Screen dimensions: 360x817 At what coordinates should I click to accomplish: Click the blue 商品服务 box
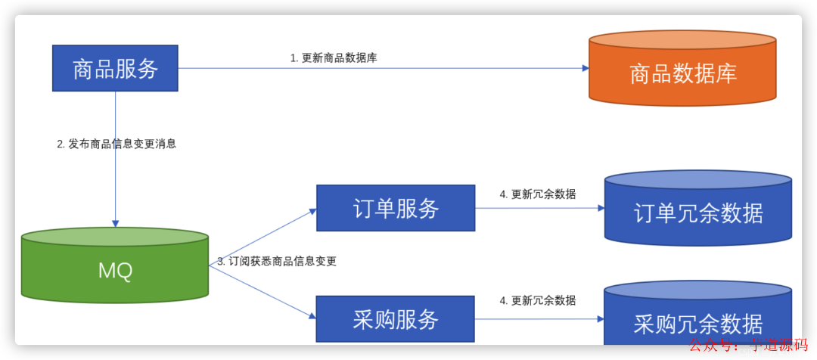pos(115,68)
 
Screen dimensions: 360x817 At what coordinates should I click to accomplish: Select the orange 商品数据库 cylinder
pos(682,73)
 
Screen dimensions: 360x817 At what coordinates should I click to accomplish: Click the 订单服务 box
pos(396,208)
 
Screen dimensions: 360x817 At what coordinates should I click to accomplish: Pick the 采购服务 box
pos(396,318)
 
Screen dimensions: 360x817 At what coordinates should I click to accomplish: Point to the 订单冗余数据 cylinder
pos(698,212)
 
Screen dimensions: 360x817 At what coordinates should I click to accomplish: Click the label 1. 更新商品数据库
pos(334,57)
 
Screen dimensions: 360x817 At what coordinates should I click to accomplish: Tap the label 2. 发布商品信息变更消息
pos(116,144)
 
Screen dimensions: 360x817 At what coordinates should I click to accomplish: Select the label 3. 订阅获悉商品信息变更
pos(277,261)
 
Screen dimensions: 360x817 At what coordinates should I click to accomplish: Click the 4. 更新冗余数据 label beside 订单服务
pos(538,194)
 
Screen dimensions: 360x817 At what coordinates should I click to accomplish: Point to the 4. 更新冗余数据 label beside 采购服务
pos(538,300)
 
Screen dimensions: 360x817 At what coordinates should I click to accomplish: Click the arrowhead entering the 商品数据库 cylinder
pos(585,68)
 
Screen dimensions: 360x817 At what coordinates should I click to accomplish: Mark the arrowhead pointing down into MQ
pos(115,223)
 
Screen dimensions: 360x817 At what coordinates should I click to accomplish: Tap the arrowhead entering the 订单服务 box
pos(312,209)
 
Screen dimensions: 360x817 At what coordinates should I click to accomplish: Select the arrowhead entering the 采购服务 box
pos(312,317)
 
